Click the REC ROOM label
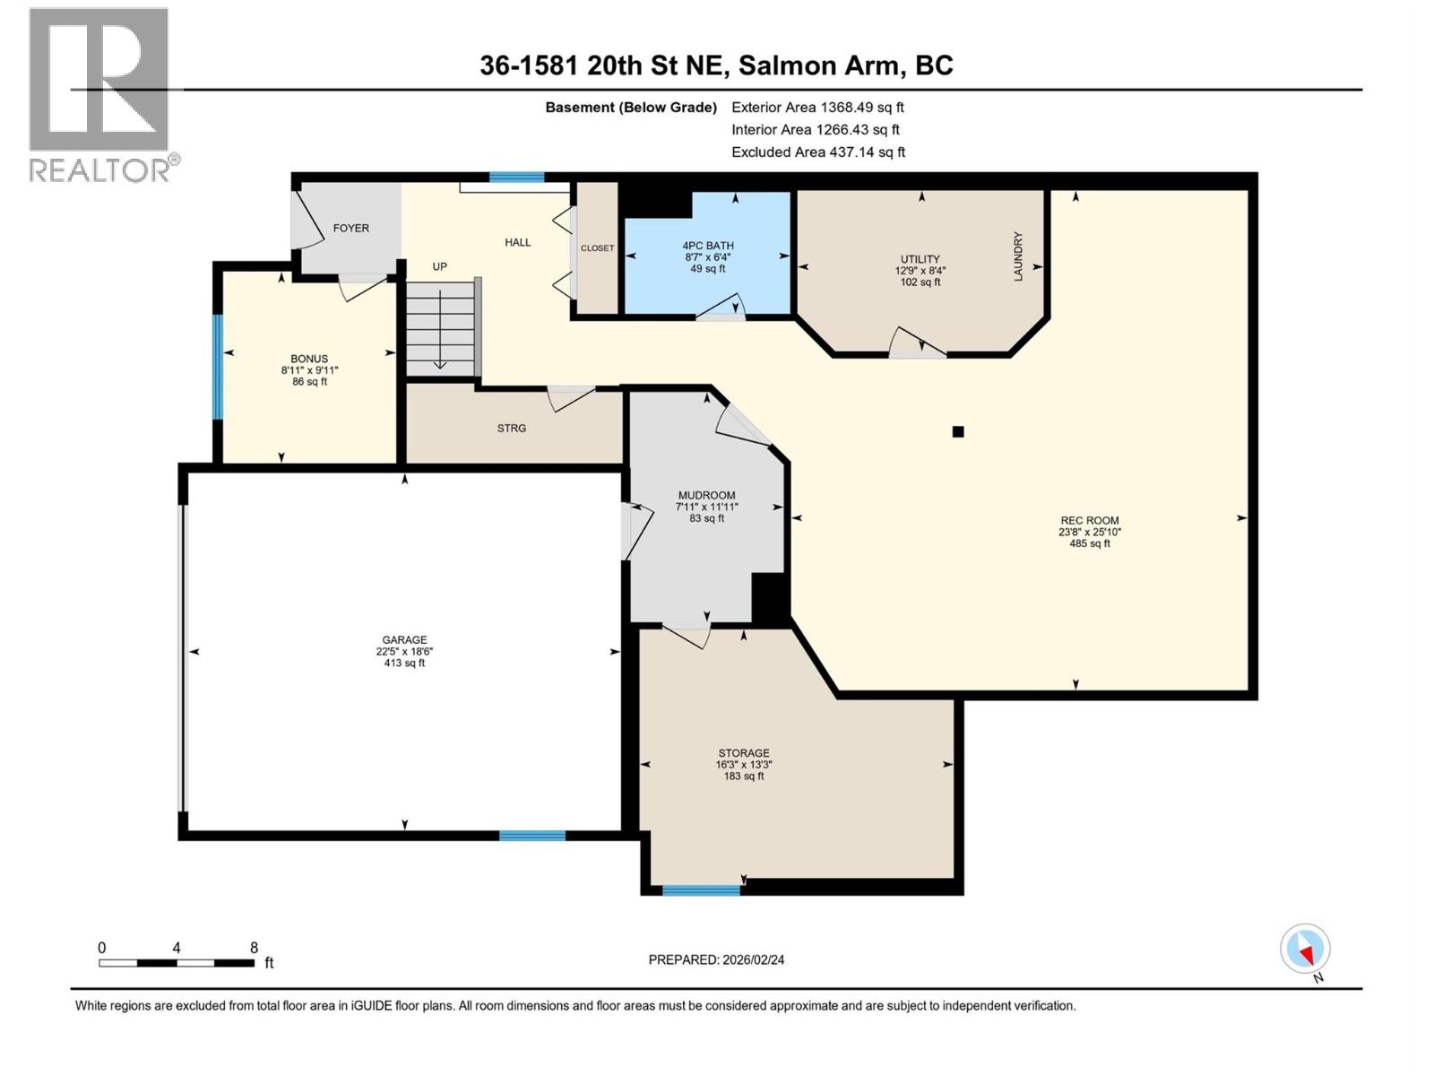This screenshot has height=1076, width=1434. tap(1089, 520)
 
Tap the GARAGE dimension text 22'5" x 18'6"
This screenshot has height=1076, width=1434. tap(404, 652)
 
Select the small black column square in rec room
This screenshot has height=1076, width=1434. tap(957, 432)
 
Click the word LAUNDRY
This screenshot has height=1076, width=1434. tap(1018, 256)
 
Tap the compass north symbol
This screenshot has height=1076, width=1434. tap(1305, 950)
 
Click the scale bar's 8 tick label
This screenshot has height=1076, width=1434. tap(254, 948)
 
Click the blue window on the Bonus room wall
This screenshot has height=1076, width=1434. tap(217, 366)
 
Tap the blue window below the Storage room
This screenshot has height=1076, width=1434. tap(701, 890)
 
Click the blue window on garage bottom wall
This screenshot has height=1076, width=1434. tap(532, 836)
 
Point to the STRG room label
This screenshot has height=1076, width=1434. tap(512, 429)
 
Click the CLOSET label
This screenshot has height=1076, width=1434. tap(597, 248)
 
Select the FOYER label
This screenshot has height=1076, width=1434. tap(350, 229)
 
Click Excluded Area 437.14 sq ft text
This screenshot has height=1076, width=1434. tap(817, 152)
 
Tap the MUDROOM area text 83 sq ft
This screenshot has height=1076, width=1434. tap(706, 518)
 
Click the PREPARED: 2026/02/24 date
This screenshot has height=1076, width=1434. tap(716, 959)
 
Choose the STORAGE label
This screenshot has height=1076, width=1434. tap(743, 753)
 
